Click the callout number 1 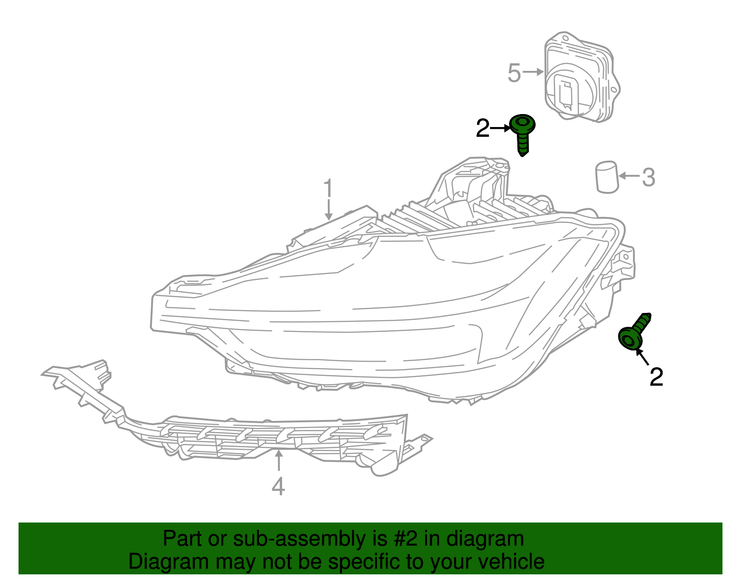[328, 189]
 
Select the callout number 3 [648, 177]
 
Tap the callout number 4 [278, 486]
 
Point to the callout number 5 [514, 73]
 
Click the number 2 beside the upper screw [483, 128]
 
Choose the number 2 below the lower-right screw [656, 377]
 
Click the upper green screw [522, 134]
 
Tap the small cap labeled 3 [607, 177]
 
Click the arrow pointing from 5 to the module [534, 72]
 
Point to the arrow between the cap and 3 [629, 176]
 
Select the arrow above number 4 [278, 461]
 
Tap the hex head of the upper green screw [523, 124]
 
